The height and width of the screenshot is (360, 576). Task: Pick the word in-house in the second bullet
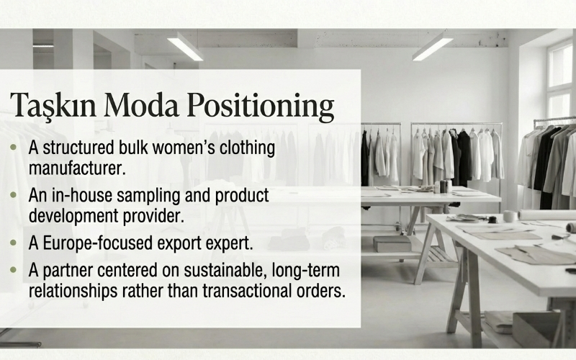(x=81, y=195)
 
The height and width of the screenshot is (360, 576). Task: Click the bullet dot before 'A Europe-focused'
(x=16, y=243)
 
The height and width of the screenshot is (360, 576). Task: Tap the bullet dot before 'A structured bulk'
(x=16, y=148)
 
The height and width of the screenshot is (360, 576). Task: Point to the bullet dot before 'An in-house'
(x=16, y=196)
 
